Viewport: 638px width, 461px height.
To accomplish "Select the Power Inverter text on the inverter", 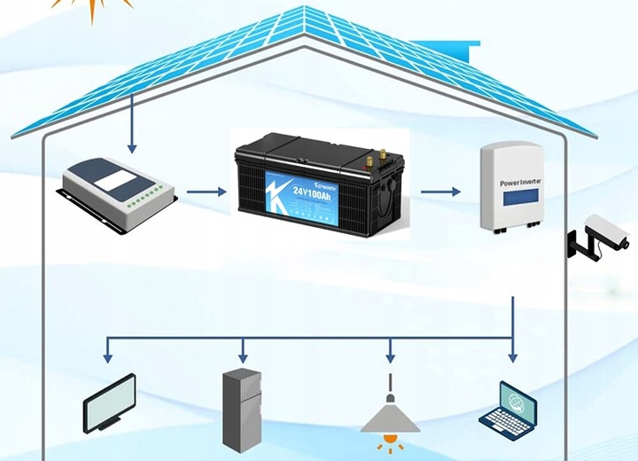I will coord(521,183).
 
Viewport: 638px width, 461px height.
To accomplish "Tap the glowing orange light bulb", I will coord(390,441).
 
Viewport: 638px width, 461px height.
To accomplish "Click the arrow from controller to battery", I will coord(206,191).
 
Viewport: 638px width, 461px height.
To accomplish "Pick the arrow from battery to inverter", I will coord(441,191).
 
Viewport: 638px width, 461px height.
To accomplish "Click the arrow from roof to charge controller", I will coord(132,123).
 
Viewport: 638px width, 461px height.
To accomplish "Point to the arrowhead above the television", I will coord(107,356).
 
